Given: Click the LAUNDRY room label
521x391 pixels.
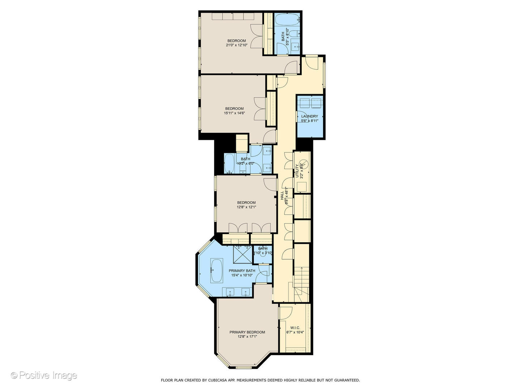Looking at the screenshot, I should (309, 116).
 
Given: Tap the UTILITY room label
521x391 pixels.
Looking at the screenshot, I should (297, 171).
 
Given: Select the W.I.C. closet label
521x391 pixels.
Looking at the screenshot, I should (295, 327).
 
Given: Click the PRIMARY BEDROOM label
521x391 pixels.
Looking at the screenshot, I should (247, 332).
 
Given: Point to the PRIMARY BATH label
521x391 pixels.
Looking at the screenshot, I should (242, 270).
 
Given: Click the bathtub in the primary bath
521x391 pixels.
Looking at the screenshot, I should (217, 270).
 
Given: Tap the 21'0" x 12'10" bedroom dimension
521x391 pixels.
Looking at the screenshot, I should (236, 45).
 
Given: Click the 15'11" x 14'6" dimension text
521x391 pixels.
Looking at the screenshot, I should (234, 113).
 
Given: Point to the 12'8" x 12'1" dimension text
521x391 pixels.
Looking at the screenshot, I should (246, 207).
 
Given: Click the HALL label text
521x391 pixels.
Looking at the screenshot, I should (282, 195).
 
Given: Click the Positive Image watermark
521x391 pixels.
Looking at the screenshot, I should (44, 375).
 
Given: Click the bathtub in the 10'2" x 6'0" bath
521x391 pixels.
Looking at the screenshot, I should (229, 163).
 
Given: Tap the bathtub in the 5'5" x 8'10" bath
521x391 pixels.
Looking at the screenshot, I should (287, 19).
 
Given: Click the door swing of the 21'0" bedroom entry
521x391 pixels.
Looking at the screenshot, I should (291, 68).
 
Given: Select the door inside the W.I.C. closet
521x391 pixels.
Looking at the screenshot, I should (286, 313).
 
